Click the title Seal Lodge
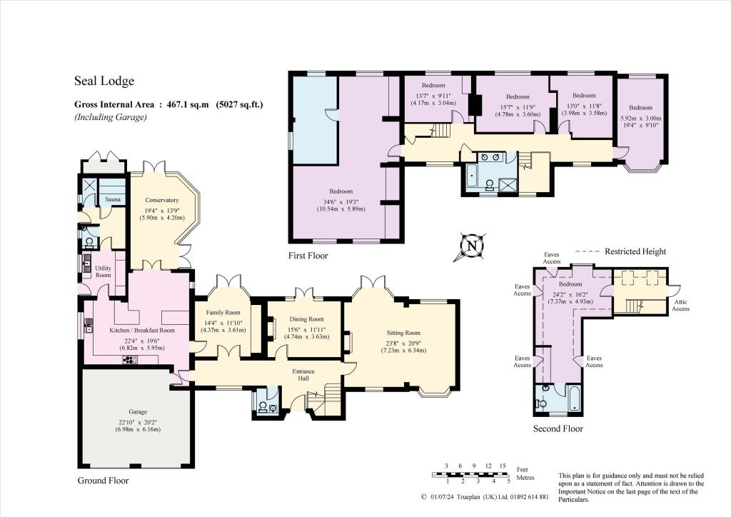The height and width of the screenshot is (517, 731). [x=104, y=81]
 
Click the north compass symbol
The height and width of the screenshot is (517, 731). [x=471, y=246]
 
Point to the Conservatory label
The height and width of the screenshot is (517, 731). [x=161, y=200]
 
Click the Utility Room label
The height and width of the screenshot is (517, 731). [x=104, y=271]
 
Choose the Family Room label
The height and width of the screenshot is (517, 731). [x=222, y=313]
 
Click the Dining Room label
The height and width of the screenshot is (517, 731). [x=306, y=319]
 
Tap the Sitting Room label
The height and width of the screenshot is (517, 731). [x=403, y=333]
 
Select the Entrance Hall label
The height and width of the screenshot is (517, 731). [x=308, y=376]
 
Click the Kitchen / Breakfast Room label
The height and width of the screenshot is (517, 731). [x=142, y=331]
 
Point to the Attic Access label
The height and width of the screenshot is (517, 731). [x=681, y=305]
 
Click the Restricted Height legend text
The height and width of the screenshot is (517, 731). [x=635, y=251]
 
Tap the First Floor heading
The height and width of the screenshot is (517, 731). [x=308, y=256]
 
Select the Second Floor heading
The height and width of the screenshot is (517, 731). [x=558, y=428]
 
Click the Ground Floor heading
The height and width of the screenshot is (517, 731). [x=103, y=481]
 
